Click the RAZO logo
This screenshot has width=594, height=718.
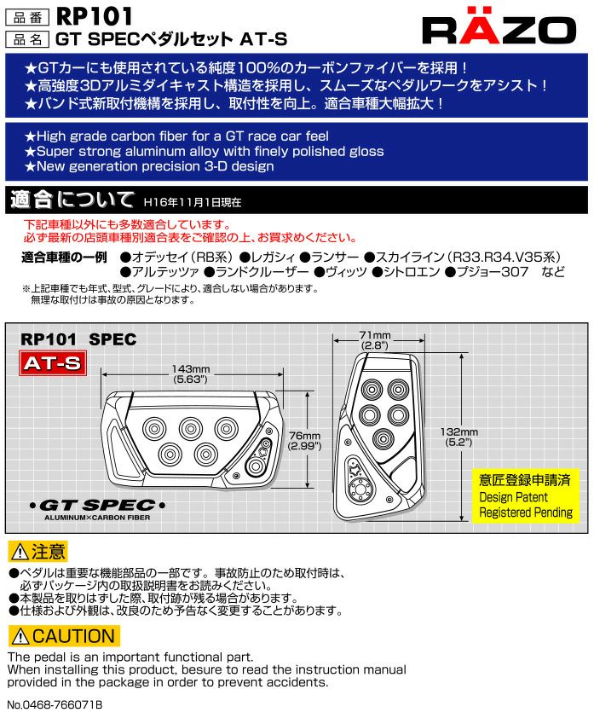coord(499,26)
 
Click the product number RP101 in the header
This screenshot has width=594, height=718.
coord(95,16)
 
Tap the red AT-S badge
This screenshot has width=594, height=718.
coord(53,363)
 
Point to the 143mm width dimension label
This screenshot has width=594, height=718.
coord(190,374)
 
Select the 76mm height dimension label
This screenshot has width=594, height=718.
coord(305,441)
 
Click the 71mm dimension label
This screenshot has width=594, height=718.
coord(375,340)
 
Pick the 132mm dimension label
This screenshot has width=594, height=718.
coord(459,437)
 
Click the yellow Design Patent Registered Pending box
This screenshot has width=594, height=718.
coord(525,495)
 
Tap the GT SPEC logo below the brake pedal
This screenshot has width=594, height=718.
coord(97,506)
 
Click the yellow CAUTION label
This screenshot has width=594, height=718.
coord(64,636)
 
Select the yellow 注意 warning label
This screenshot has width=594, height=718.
coord(38,552)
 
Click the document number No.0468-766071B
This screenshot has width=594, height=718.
coord(55,704)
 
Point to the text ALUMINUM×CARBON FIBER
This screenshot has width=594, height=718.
coord(97,518)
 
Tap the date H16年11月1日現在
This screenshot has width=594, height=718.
coord(193,202)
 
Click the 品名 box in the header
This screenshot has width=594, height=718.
coord(27,39)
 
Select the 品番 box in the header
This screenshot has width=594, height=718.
coord(27,17)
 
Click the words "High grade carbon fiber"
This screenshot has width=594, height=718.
coord(112,136)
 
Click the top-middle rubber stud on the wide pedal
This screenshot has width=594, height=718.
coord(191,429)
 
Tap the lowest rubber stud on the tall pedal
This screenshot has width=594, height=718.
coord(384,438)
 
